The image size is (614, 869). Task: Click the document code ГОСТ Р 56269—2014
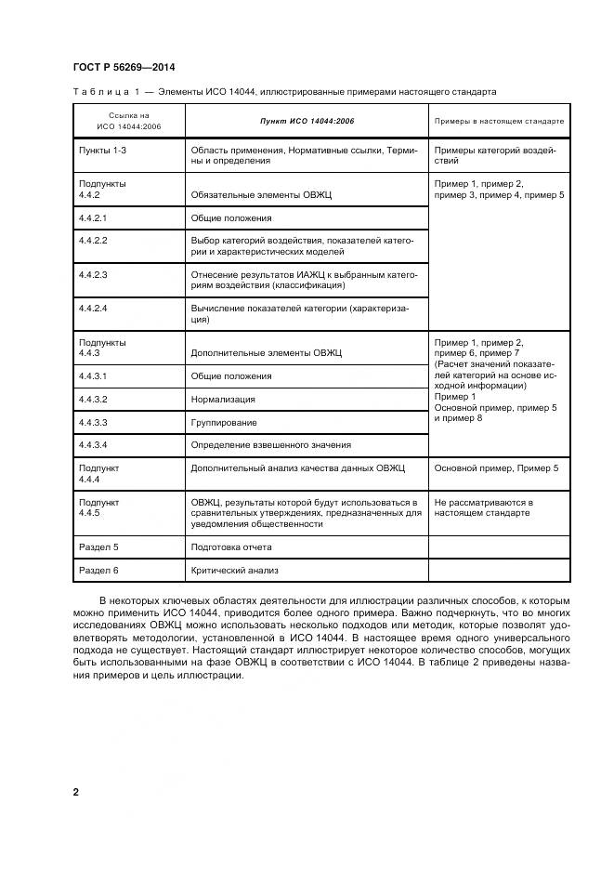point(124,67)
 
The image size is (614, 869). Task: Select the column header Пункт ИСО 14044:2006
point(306,122)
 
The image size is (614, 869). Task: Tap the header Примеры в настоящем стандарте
point(499,122)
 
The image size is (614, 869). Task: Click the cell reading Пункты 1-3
point(102,149)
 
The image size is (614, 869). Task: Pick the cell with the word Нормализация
point(222,400)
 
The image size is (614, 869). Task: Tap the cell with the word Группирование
point(223,422)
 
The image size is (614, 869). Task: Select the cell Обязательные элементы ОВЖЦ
point(261,195)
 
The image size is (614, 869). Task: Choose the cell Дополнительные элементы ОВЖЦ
point(267,353)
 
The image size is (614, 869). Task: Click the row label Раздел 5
point(99,547)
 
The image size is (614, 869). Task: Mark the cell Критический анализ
point(234,571)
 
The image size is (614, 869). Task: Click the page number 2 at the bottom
point(76,792)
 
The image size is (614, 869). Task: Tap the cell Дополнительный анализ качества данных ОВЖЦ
point(297,468)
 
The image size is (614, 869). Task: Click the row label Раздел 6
point(99,571)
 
